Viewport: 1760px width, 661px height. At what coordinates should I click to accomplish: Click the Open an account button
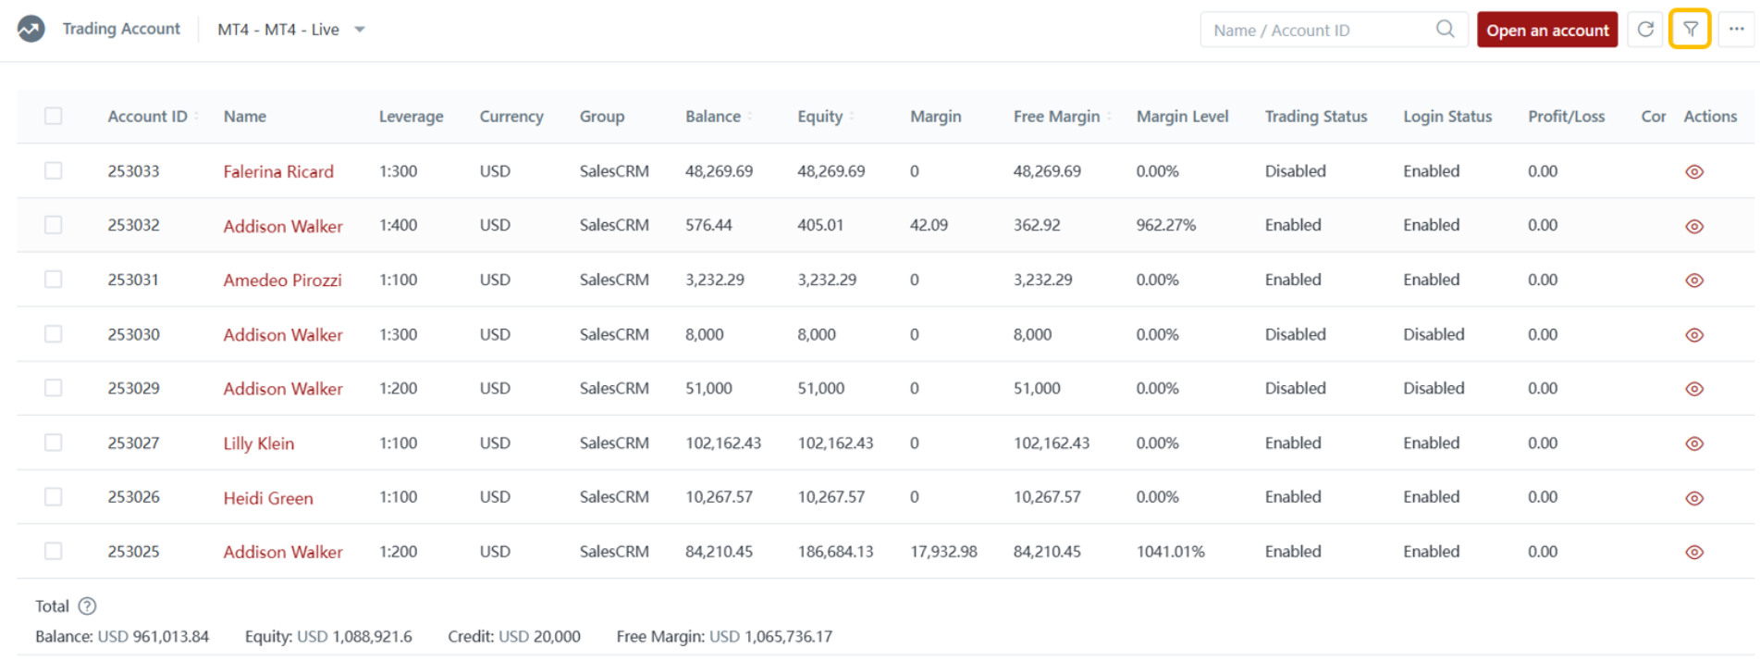tap(1546, 30)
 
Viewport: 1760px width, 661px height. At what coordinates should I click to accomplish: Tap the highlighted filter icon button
tap(1690, 30)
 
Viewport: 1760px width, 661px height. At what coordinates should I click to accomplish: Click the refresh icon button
tap(1645, 30)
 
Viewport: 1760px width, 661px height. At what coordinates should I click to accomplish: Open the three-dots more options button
tap(1736, 30)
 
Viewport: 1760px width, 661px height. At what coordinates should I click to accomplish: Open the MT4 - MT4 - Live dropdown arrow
tap(360, 30)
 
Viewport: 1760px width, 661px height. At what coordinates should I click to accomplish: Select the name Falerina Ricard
tap(278, 171)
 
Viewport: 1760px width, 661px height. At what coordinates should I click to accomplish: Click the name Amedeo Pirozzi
tap(282, 280)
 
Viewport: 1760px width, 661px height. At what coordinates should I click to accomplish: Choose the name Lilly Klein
tap(258, 443)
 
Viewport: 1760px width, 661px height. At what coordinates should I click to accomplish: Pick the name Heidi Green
tap(268, 498)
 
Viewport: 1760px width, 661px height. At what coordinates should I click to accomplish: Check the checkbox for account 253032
tap(54, 225)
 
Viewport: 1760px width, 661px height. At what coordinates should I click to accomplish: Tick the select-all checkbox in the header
tap(54, 116)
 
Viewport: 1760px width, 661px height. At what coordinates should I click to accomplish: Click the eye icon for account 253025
tap(1694, 553)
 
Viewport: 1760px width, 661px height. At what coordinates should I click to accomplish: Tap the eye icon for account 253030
tap(1694, 335)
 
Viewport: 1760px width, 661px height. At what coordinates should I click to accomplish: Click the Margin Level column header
tap(1182, 117)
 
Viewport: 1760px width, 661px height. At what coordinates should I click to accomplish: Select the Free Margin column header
tap(1056, 117)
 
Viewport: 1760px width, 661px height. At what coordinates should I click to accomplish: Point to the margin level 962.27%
tap(1165, 225)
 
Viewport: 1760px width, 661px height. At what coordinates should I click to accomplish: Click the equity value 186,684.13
tap(835, 552)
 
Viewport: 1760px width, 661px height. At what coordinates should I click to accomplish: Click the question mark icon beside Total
tap(87, 606)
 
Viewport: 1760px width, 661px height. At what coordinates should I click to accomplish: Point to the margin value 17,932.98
tap(943, 552)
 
